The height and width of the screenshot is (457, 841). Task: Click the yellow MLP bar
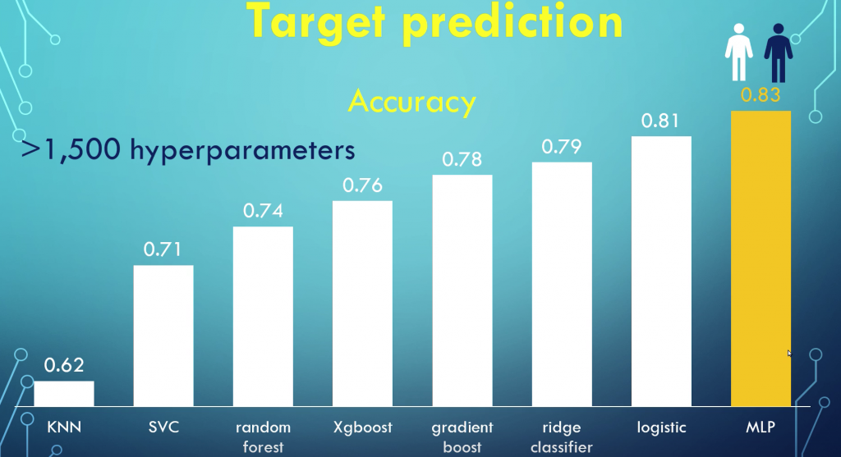tap(761, 258)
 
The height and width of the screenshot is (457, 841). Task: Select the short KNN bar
tap(64, 394)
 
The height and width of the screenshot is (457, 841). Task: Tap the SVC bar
tap(163, 336)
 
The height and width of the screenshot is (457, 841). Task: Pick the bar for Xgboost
tap(362, 304)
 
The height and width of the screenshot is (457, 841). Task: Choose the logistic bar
tap(661, 271)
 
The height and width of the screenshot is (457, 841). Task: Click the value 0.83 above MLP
tap(761, 95)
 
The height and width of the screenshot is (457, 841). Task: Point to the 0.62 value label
tap(64, 365)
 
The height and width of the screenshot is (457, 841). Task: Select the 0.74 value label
tap(263, 211)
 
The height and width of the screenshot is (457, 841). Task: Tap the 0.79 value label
tap(562, 146)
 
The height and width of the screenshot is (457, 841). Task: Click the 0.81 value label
tap(660, 121)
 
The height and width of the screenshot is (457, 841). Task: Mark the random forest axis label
tap(263, 436)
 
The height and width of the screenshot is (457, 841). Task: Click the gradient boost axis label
tap(462, 436)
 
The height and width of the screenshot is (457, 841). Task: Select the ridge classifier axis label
tap(562, 436)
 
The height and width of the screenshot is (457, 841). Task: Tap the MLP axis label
tap(761, 427)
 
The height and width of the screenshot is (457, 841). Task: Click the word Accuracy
tap(412, 102)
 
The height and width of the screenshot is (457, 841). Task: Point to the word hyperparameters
tap(242, 150)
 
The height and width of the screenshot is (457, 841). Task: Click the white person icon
tap(738, 52)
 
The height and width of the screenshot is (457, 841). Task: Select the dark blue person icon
tap(779, 53)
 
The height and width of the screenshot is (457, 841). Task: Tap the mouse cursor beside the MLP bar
tap(789, 353)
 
